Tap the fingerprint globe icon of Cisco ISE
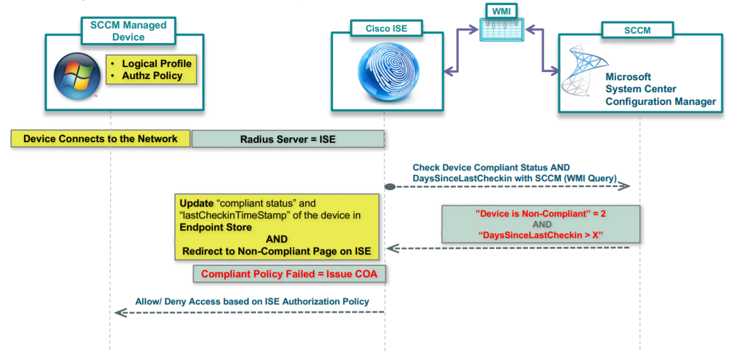(x=385, y=71)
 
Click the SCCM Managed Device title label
(x=128, y=31)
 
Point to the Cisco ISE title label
(x=386, y=28)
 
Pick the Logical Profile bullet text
(x=156, y=64)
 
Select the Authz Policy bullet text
(x=152, y=76)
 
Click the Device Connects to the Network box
(x=100, y=139)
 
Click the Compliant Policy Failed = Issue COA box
(x=289, y=274)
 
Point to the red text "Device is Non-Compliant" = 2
(x=541, y=213)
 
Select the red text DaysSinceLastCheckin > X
(x=541, y=235)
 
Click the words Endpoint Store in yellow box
(x=215, y=227)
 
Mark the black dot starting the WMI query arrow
(x=390, y=186)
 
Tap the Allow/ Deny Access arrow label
(x=252, y=301)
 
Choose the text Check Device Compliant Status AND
(x=491, y=167)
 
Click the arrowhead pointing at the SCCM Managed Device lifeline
(x=118, y=312)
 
